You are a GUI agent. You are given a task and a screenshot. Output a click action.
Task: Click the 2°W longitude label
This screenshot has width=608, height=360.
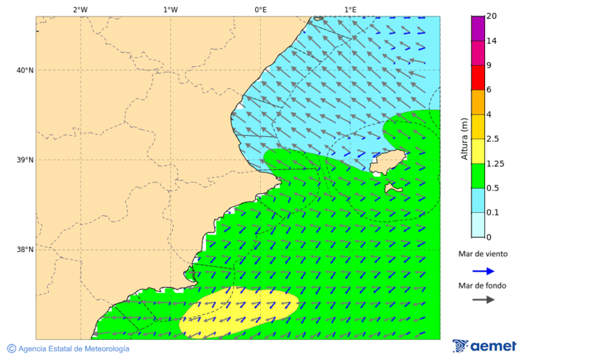(80, 10)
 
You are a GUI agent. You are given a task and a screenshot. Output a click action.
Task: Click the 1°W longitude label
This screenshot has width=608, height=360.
(170, 10)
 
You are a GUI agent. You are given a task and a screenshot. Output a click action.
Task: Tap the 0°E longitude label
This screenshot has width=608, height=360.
(260, 10)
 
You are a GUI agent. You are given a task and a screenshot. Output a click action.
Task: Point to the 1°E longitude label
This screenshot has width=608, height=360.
(350, 10)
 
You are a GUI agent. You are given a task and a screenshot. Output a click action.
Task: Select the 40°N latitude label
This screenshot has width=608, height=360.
(24, 70)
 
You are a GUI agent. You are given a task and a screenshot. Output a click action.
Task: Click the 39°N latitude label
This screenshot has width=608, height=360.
(24, 160)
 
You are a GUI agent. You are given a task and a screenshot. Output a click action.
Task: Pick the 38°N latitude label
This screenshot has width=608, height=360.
(24, 250)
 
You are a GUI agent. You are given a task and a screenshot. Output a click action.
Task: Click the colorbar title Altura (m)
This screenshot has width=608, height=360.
(464, 138)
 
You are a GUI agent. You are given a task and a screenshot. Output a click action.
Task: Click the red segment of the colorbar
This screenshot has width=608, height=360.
(478, 77)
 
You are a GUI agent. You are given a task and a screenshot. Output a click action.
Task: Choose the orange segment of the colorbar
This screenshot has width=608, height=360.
(478, 102)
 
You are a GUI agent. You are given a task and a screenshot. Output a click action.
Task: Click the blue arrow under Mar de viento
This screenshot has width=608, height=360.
(483, 271)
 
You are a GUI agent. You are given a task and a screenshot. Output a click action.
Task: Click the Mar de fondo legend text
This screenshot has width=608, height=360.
(482, 286)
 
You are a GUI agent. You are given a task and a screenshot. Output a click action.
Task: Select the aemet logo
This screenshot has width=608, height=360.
(484, 346)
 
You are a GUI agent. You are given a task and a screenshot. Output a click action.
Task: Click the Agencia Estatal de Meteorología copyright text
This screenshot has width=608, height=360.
(68, 349)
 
